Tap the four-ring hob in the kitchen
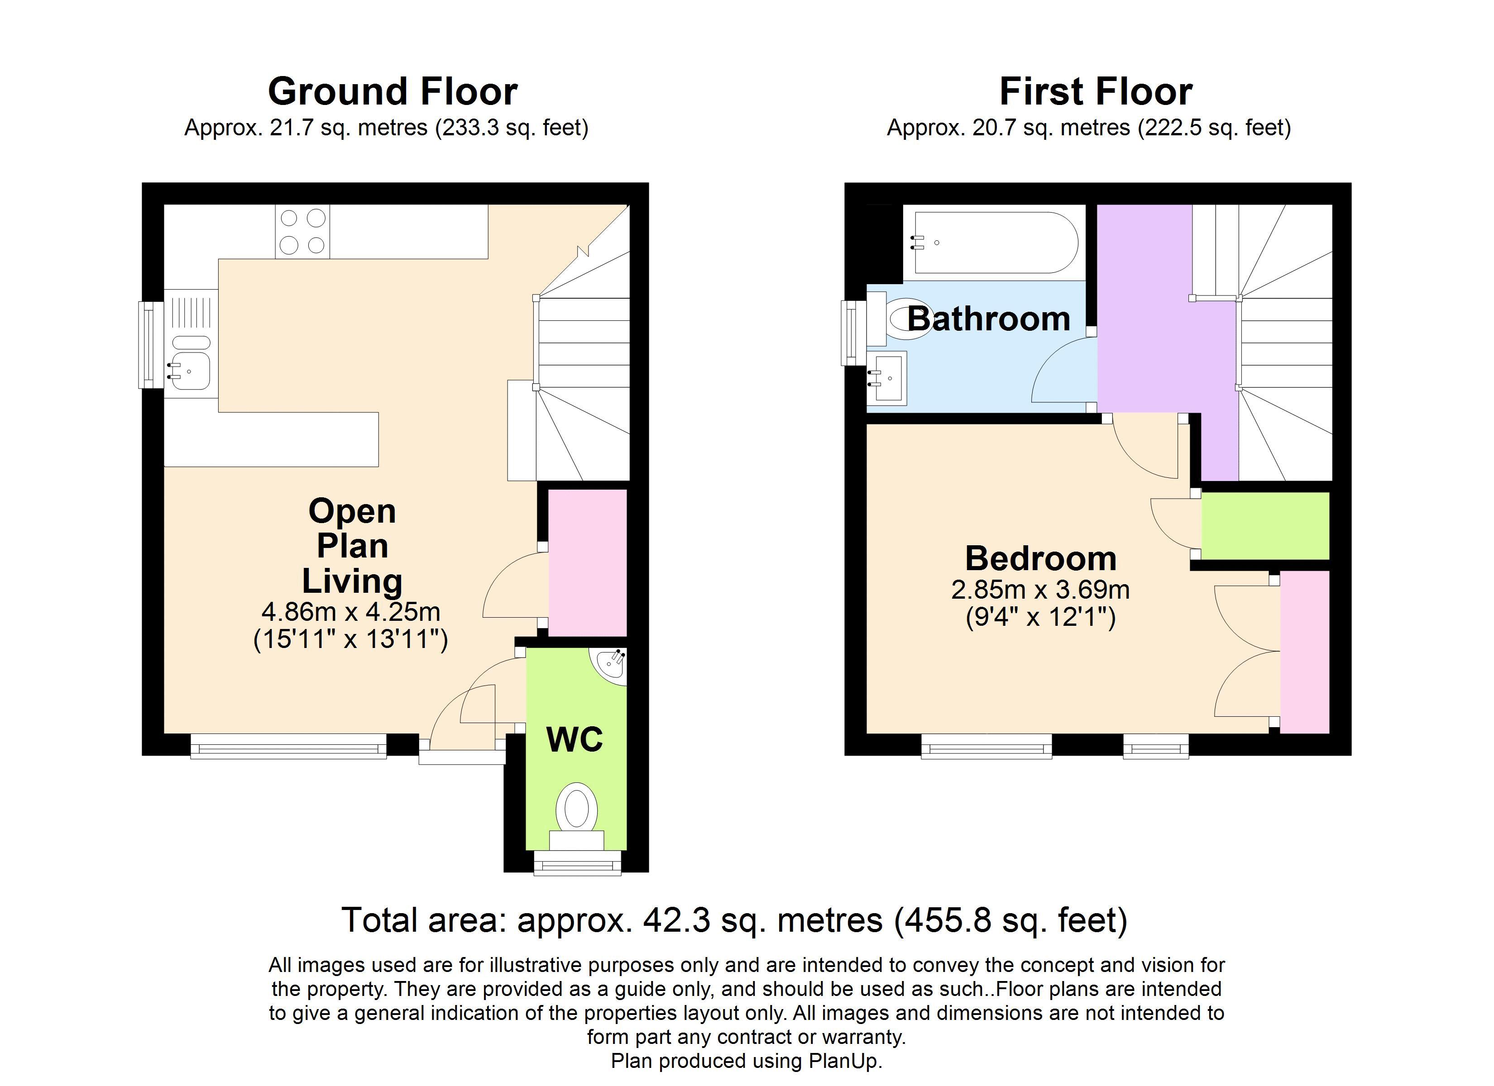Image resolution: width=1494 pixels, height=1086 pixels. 302,231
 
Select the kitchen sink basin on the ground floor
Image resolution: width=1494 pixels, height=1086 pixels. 191,372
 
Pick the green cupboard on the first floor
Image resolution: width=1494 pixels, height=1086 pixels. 1265,525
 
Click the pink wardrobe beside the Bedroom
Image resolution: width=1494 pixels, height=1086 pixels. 1304,652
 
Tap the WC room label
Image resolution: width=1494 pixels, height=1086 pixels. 575,739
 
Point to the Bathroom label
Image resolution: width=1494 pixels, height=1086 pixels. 989,319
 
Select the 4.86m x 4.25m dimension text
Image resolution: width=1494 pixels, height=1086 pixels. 350,612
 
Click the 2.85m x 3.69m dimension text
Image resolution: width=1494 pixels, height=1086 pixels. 1040,590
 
